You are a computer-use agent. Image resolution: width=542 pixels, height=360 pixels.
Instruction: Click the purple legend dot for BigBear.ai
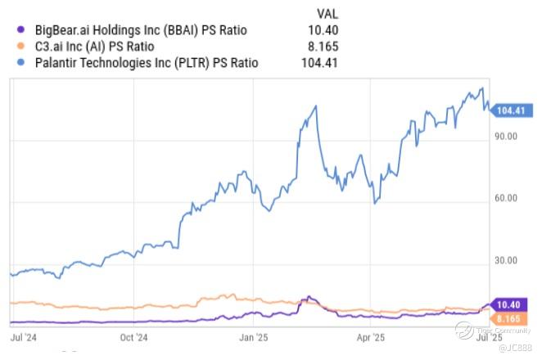[16, 29]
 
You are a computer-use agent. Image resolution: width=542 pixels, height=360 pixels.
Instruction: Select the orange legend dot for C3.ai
[16, 46]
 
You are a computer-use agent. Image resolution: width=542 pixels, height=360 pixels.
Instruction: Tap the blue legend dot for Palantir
[16, 62]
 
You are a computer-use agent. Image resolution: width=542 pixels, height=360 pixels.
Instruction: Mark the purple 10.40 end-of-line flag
[508, 304]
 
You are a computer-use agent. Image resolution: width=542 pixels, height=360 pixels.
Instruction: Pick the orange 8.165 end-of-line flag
[508, 317]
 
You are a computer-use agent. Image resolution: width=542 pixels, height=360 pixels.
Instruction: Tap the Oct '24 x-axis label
[133, 336]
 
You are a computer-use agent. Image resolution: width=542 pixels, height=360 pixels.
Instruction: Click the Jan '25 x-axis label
[253, 336]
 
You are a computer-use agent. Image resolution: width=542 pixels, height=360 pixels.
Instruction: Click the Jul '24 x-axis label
[22, 336]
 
